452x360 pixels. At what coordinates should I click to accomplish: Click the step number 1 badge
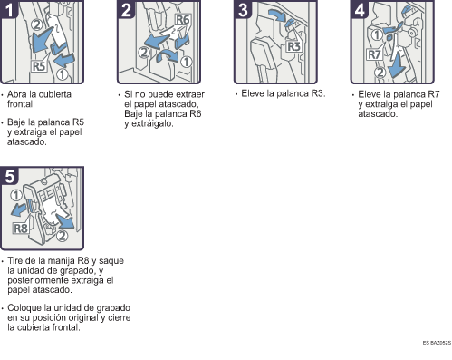click(9, 9)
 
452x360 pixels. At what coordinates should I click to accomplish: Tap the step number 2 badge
click(126, 9)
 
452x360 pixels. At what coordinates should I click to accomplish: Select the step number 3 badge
click(243, 9)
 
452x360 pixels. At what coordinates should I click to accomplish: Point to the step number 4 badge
click(360, 9)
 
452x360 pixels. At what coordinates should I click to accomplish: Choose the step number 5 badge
click(9, 176)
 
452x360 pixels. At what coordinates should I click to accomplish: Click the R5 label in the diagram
click(39, 66)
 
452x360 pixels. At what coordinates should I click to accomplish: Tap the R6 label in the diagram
click(183, 20)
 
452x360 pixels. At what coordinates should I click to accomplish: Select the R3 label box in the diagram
click(293, 46)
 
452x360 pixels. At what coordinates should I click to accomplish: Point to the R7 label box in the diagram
click(374, 54)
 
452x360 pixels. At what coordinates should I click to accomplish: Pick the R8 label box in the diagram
click(21, 229)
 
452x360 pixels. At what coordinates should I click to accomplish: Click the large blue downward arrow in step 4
click(398, 66)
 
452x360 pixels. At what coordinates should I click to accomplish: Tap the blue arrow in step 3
click(278, 15)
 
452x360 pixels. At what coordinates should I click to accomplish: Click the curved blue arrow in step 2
click(168, 55)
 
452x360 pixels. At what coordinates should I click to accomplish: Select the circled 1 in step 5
click(16, 195)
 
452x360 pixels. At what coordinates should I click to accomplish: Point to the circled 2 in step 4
click(380, 73)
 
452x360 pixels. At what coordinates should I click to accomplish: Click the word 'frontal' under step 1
click(20, 104)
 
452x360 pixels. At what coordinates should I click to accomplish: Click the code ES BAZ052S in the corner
click(437, 343)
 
